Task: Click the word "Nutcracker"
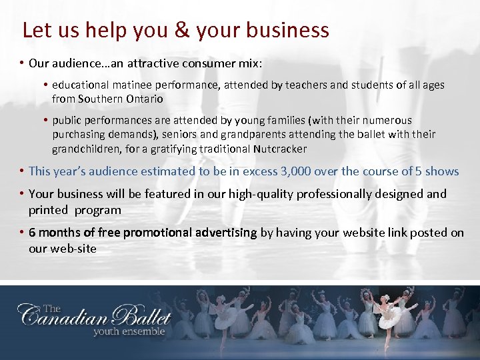point(281,149)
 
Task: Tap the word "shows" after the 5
point(442,171)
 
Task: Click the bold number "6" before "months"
point(33,233)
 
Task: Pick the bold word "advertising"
point(225,233)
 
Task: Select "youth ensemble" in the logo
point(129,331)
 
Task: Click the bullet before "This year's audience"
point(22,171)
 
